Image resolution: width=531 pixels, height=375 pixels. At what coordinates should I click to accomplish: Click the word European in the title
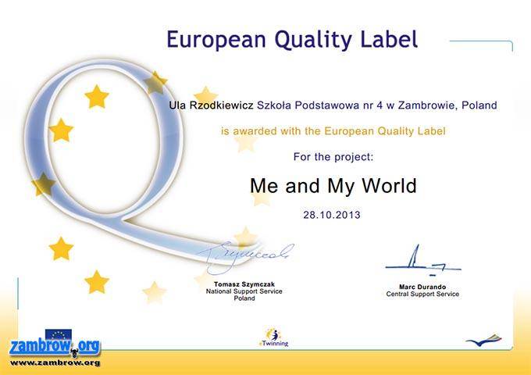[216, 39]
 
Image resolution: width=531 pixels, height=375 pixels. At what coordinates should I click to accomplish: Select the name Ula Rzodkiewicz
[211, 105]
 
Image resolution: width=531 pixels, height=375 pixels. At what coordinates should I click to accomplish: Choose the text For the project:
[333, 157]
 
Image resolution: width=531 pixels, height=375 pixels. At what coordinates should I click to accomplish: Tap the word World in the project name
[389, 186]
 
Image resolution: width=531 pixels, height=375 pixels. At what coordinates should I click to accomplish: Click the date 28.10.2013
[332, 215]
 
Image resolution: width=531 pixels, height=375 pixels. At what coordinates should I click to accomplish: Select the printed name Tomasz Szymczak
[244, 284]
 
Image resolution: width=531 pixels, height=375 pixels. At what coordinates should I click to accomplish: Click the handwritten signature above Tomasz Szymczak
[246, 258]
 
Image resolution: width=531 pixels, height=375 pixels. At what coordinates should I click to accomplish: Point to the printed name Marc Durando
[422, 287]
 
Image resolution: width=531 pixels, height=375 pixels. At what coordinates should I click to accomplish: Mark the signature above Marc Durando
[423, 260]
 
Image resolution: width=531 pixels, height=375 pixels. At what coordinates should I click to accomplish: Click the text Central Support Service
[422, 294]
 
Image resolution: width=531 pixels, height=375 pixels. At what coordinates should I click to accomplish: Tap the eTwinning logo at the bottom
[273, 337]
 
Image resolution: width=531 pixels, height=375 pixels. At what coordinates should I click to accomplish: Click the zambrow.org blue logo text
[55, 347]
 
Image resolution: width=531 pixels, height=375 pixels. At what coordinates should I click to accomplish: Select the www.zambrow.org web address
[55, 362]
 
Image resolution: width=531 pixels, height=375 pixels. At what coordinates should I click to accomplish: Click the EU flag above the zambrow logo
[59, 334]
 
